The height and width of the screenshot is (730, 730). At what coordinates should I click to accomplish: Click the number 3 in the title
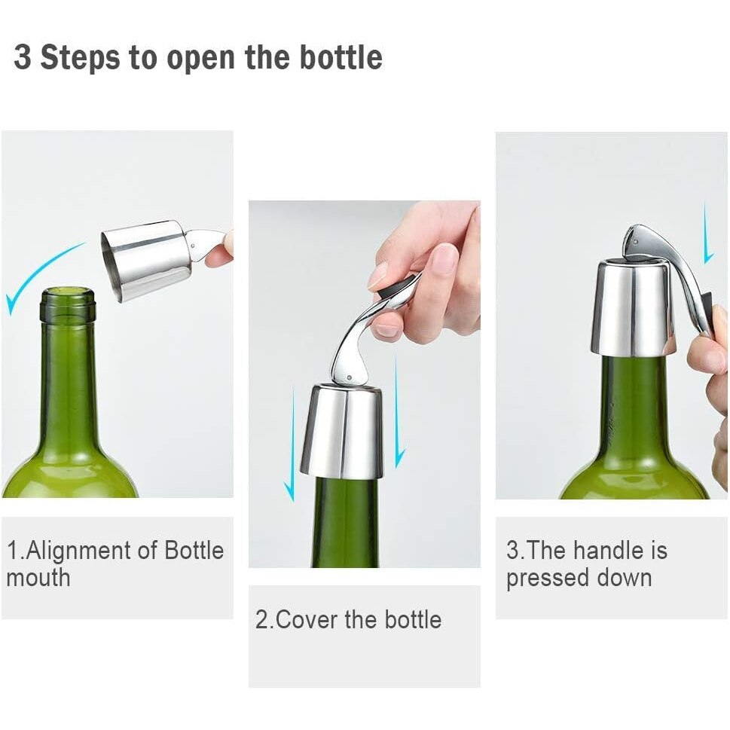23,58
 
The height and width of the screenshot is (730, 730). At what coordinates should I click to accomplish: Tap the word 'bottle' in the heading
341,58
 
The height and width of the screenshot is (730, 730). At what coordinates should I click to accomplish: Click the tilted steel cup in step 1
147,258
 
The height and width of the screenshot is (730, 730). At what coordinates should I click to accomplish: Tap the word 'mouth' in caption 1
38,578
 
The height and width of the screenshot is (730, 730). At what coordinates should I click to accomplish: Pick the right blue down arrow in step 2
399,411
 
